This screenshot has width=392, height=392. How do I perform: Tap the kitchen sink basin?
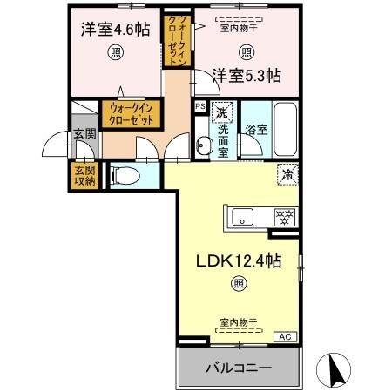click(x=243, y=217)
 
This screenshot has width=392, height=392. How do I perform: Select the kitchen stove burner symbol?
click(x=284, y=217)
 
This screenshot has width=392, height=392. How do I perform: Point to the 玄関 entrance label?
click(x=84, y=134)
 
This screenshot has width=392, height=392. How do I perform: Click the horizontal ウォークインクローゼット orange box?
click(x=129, y=114)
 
